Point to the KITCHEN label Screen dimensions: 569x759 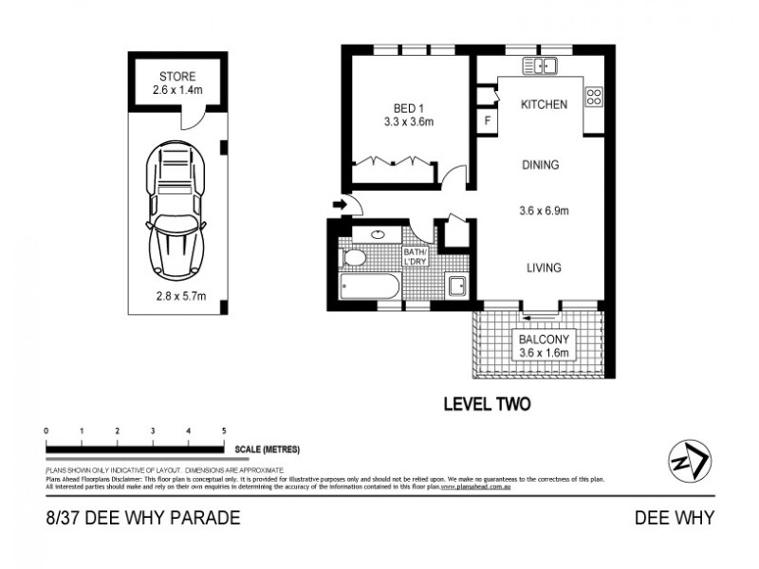coord(544,104)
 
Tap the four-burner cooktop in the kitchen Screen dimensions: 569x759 coord(595,97)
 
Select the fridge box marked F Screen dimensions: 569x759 coord(488,120)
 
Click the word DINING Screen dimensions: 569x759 coord(540,165)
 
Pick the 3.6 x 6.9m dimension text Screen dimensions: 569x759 coord(544,211)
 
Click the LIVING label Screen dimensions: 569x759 coord(544,268)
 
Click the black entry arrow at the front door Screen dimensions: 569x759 coord(339,204)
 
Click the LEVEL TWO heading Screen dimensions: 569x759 coord(488,404)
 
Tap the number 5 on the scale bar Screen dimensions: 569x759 coord(223,431)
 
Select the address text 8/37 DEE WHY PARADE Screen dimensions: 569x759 coord(136,518)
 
